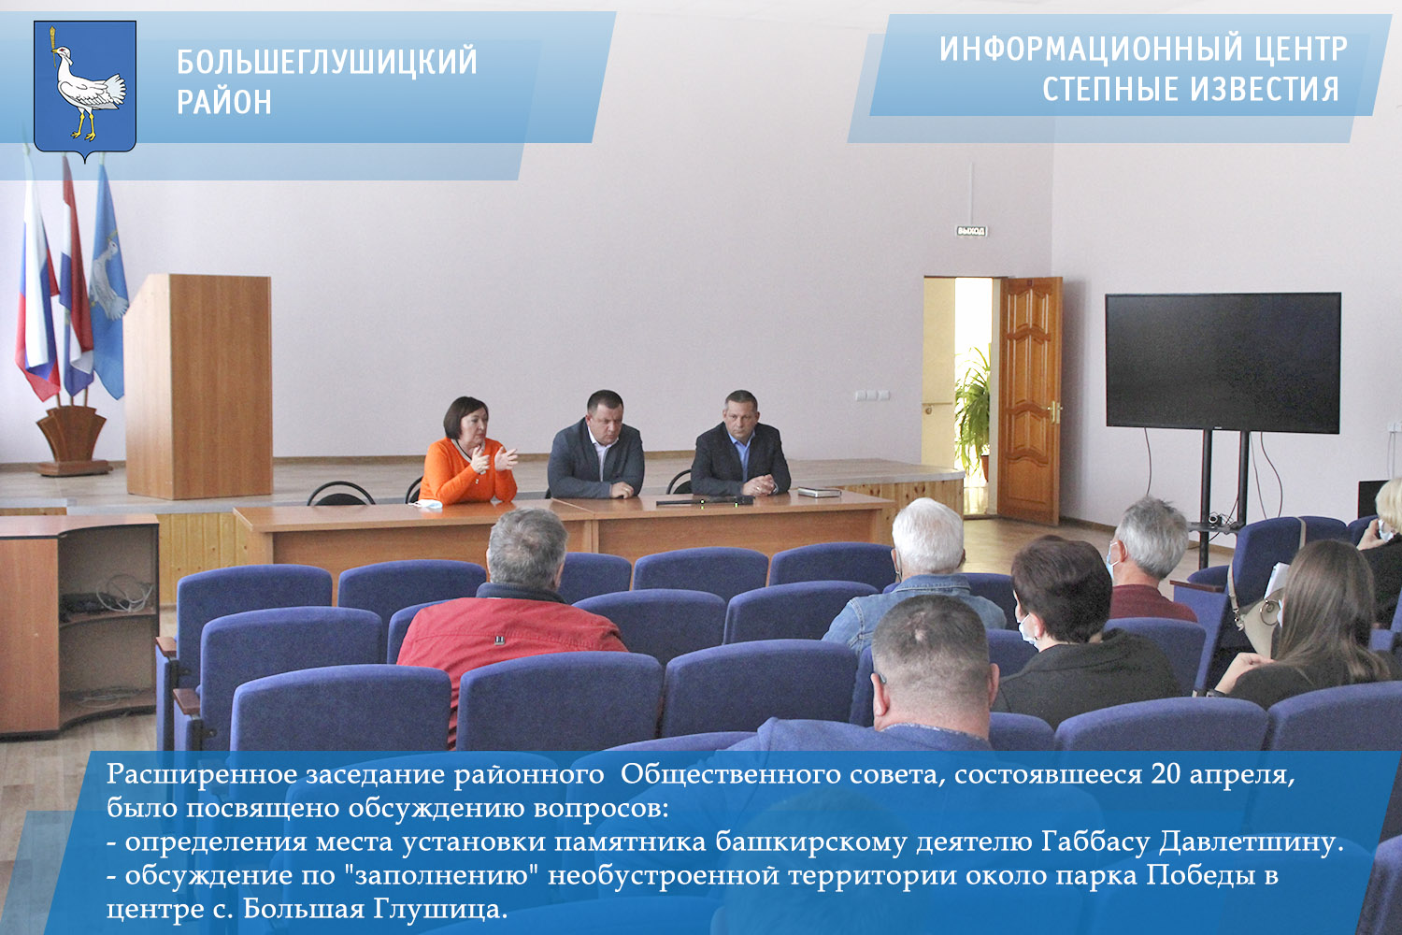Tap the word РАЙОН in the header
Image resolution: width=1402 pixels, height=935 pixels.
pyautogui.click(x=224, y=102)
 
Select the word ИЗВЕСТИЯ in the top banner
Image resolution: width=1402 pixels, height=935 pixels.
pyautogui.click(x=1265, y=88)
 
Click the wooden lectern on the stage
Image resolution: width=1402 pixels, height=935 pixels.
pyautogui.click(x=198, y=385)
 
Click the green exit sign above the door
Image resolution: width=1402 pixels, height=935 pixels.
pyautogui.click(x=971, y=231)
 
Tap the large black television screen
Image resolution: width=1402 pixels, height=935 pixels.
pyautogui.click(x=1223, y=363)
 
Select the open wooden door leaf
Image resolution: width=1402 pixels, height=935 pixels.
pyautogui.click(x=1029, y=399)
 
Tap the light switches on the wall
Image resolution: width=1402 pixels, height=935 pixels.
pyautogui.click(x=872, y=396)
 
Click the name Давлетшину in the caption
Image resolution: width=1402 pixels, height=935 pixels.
pyautogui.click(x=1251, y=842)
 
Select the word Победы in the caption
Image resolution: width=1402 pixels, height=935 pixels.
pyautogui.click(x=1196, y=875)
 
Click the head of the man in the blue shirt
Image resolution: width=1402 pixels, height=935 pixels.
pyautogui.click(x=741, y=410)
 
